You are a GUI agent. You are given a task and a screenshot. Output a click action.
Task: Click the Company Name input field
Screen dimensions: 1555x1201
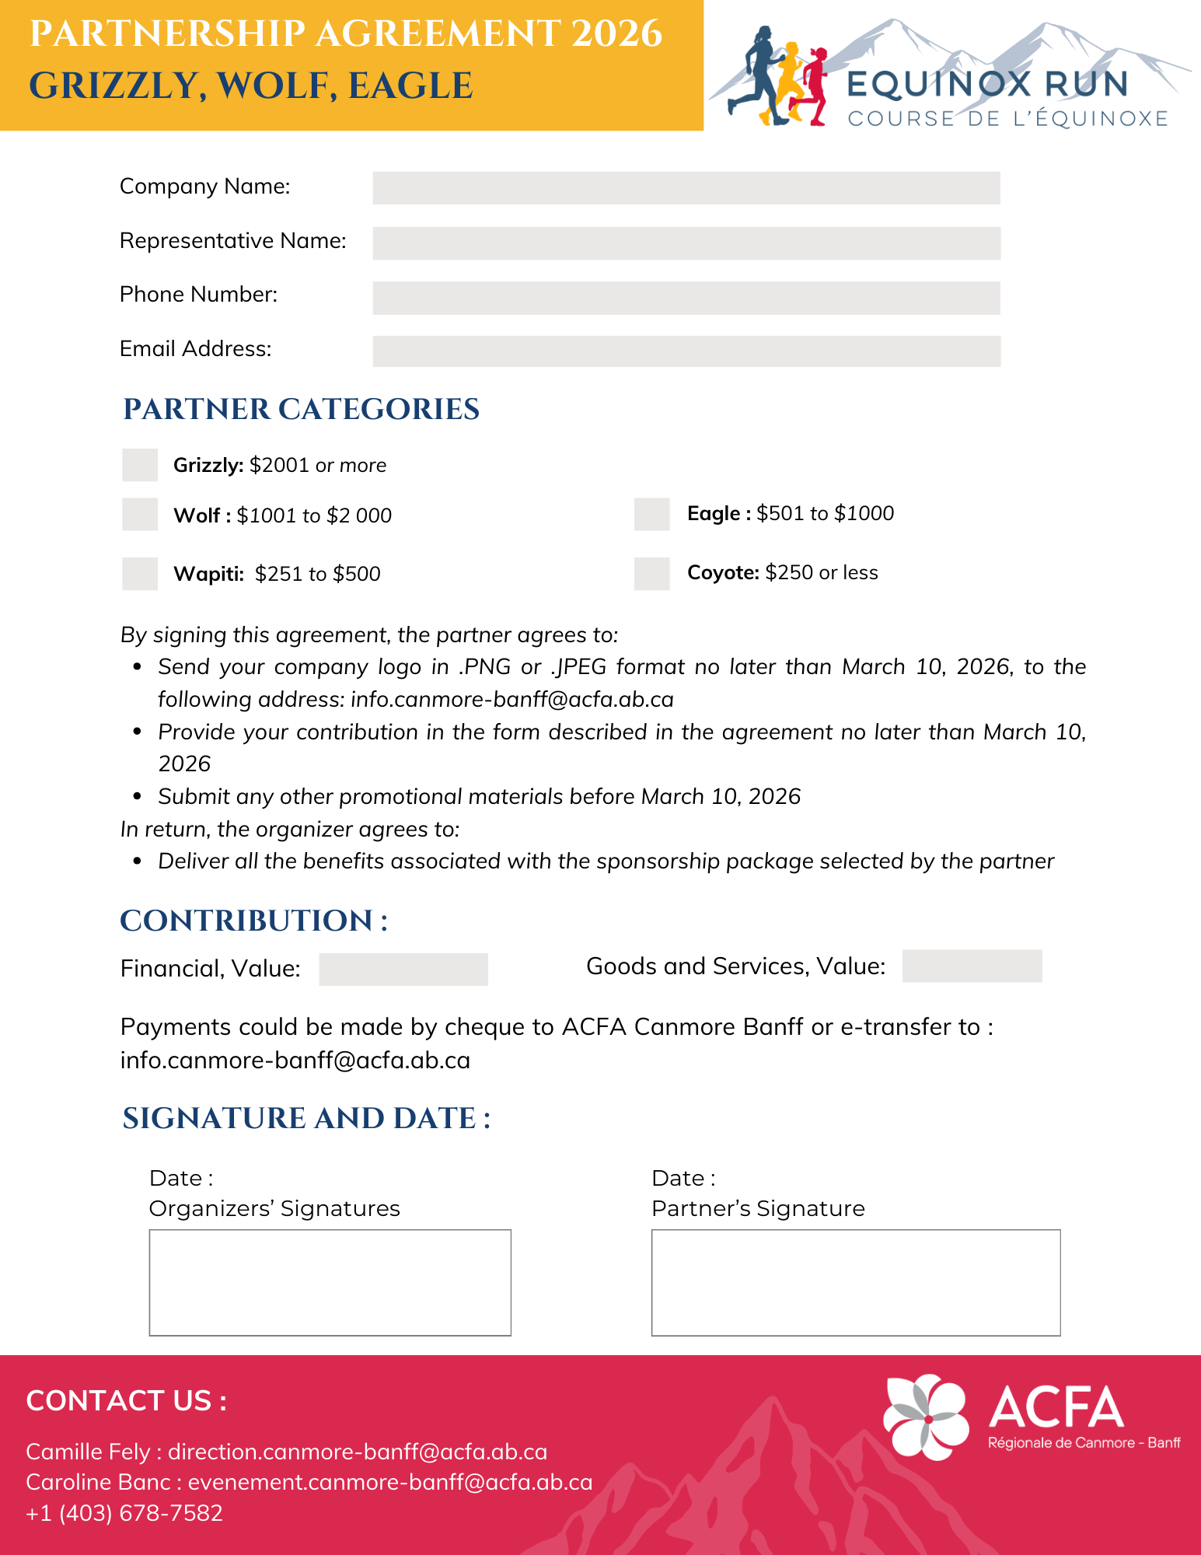[x=686, y=188]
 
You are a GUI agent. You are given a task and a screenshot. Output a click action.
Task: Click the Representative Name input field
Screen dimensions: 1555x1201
[x=686, y=243]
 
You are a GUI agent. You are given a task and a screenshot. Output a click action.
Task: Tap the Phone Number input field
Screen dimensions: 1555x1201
[x=686, y=298]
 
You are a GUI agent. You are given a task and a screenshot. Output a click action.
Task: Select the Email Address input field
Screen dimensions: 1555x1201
[x=686, y=351]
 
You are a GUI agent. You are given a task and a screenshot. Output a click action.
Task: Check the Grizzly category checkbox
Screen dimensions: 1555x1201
[x=140, y=465]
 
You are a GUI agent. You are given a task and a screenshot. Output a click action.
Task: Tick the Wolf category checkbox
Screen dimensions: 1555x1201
[x=140, y=515]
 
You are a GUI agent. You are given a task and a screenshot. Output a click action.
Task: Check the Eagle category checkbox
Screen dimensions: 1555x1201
[x=651, y=514]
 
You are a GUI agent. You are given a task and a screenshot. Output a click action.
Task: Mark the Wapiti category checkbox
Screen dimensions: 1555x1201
[x=140, y=574]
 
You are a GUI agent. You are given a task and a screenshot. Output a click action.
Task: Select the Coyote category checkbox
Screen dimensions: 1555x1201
[x=651, y=573]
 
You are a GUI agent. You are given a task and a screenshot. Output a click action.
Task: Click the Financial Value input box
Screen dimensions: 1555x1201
[x=403, y=970]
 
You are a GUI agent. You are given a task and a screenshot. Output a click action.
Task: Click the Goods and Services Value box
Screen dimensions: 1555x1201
[x=972, y=966]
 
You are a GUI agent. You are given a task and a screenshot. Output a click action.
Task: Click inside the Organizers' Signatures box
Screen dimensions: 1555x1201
[x=330, y=1283]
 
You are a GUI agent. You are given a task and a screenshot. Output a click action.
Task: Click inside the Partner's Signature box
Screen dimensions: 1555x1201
[x=855, y=1283]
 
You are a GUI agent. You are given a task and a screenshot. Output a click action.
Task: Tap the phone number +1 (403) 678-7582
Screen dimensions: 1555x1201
[x=124, y=1513]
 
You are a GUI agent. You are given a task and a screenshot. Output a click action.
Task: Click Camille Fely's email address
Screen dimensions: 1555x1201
[x=358, y=1452]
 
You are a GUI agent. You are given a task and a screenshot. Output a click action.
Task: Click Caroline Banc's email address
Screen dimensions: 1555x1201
[x=390, y=1482]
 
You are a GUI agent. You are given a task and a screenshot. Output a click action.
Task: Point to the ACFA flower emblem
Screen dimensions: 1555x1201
[x=926, y=1417]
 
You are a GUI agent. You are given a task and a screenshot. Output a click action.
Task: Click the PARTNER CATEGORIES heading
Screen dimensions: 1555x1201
[x=301, y=410]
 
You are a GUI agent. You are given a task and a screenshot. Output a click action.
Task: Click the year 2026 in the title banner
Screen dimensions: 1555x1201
[x=616, y=34]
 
